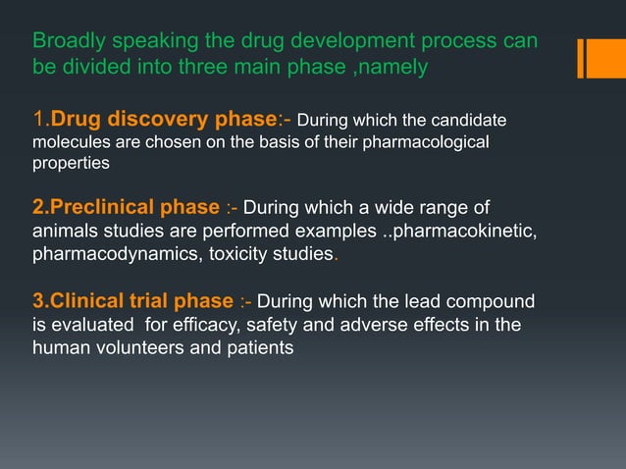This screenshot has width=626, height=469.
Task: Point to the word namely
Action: point(394,69)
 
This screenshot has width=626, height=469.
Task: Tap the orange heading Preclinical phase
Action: point(126,208)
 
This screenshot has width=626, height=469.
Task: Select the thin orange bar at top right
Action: point(580,58)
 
